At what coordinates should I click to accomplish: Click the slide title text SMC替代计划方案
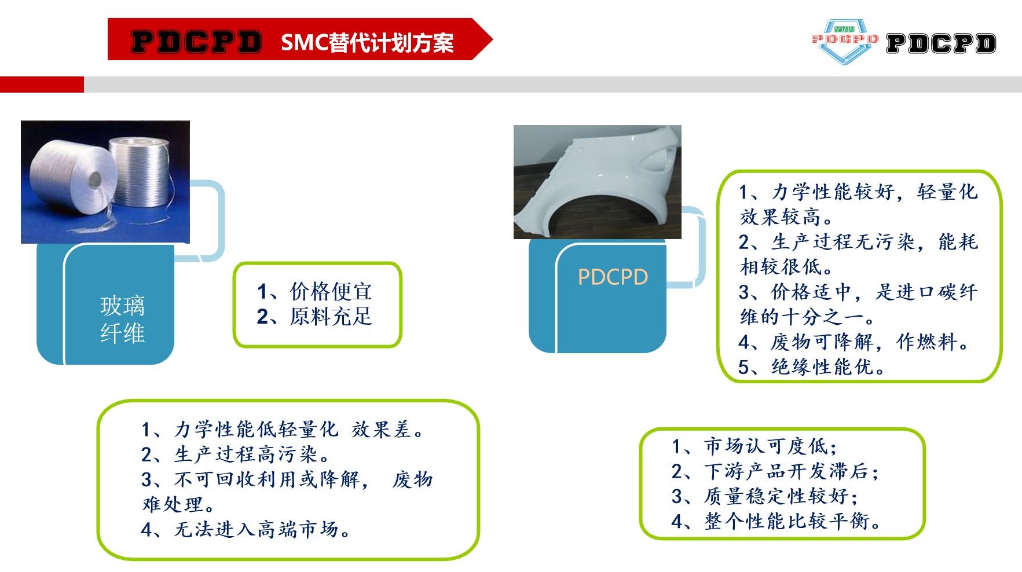click(367, 42)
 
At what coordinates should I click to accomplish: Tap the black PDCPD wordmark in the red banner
click(196, 42)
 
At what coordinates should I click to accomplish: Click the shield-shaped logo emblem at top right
click(845, 41)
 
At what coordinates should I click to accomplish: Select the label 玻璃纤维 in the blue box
click(122, 319)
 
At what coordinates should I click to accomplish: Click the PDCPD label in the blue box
click(613, 277)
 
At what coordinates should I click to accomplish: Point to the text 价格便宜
click(331, 291)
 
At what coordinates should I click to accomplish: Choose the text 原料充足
click(331, 317)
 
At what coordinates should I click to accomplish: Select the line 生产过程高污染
click(235, 454)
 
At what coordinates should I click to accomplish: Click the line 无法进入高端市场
click(246, 529)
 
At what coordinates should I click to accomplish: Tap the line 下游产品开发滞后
click(775, 471)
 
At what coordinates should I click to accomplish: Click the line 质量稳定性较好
click(764, 496)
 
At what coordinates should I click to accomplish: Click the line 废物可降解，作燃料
click(854, 342)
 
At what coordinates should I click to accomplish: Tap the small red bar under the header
click(42, 85)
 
